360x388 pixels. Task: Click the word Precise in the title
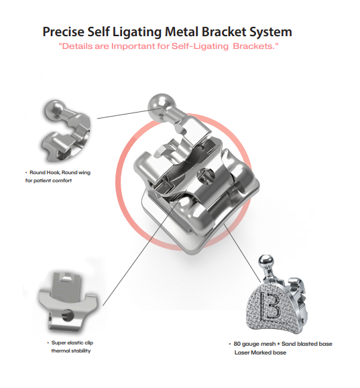[64, 31]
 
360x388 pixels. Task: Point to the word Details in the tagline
[76, 46]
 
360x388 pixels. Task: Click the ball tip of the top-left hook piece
[54, 110]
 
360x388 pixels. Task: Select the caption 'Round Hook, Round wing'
[60, 172]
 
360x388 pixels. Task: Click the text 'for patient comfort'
[48, 180]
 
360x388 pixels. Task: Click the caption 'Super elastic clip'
[72, 342]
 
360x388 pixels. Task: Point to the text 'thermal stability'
[71, 350]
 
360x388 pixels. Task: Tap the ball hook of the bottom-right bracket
[266, 261]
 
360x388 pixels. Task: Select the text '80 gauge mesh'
[255, 344]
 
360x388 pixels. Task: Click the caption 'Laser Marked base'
[260, 352]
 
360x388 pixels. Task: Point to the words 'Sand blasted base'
[307, 344]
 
